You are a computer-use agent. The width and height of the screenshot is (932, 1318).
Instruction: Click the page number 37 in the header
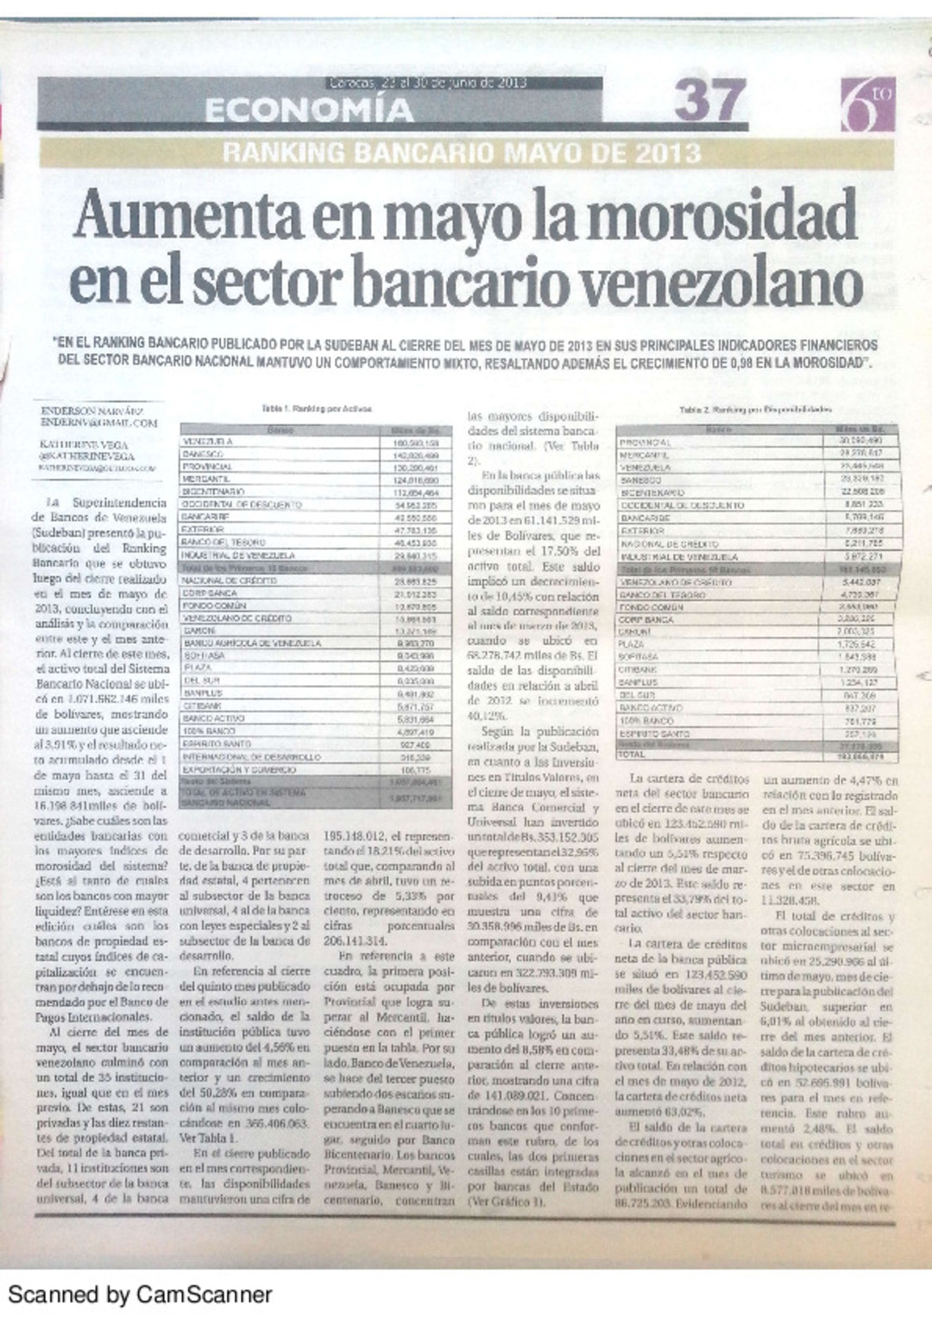tap(709, 101)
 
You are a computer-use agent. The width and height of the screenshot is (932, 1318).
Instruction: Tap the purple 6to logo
tap(867, 104)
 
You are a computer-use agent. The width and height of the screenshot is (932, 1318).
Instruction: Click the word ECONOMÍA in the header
tap(309, 110)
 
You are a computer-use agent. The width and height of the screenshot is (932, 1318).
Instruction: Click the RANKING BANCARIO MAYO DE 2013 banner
tap(462, 154)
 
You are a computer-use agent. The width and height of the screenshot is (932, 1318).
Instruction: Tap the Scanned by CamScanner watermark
tap(140, 1294)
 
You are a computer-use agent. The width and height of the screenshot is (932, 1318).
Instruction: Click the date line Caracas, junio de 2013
tap(427, 83)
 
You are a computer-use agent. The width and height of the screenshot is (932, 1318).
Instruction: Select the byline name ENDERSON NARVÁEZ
tap(91, 411)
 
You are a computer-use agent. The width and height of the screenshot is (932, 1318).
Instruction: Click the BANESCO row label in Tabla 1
tap(204, 454)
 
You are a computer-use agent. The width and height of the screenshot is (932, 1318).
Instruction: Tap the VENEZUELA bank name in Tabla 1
tap(207, 442)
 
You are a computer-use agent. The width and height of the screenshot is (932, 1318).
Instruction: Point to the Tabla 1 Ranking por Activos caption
tap(317, 409)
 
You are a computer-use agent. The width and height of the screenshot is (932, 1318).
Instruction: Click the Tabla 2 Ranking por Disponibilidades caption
tap(755, 410)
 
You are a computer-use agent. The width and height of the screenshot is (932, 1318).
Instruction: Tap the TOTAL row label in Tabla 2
tap(631, 755)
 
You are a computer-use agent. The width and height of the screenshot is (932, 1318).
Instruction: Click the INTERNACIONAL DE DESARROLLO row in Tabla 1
tap(251, 756)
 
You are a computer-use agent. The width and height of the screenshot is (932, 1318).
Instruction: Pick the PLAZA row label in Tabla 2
tap(632, 643)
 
